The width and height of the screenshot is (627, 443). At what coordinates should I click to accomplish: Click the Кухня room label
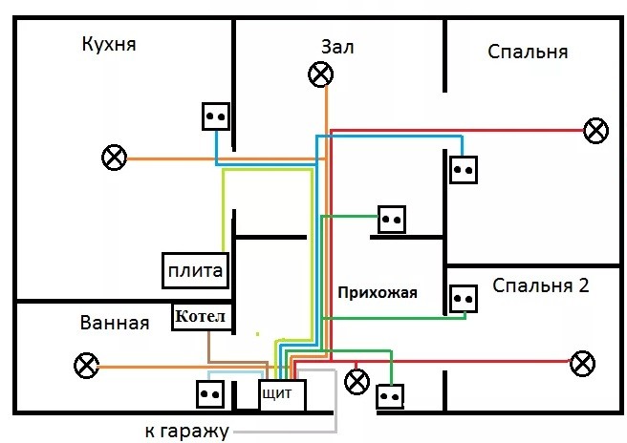point(109,46)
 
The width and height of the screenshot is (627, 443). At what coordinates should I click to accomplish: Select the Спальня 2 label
point(541,285)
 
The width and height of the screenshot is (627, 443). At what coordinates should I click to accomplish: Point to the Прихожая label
point(378,292)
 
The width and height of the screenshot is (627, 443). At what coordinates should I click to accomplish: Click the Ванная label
point(116,323)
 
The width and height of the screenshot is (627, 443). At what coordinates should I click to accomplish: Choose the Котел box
point(202,317)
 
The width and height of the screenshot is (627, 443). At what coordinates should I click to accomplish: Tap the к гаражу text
point(187,432)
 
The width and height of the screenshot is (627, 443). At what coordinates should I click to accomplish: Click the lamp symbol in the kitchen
point(115,158)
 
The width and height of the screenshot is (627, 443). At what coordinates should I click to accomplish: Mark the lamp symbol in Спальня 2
point(581,362)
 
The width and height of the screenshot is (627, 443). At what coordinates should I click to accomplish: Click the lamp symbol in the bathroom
point(86,365)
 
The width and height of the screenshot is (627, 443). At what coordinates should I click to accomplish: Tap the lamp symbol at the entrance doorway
point(357,382)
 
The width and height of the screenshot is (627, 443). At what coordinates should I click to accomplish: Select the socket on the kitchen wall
point(216,116)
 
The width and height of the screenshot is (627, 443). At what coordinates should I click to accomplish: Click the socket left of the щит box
point(210,393)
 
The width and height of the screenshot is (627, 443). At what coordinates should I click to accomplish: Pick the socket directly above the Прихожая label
point(392,220)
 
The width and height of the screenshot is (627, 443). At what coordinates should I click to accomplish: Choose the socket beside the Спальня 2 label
point(465,299)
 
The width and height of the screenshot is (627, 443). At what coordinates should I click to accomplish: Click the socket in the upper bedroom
point(465,170)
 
